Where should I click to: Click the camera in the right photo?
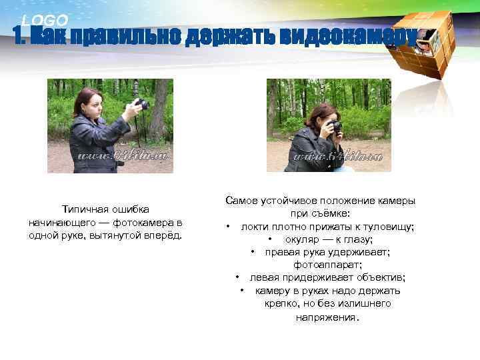pos(334,126)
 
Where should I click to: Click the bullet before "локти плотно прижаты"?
pos(228,227)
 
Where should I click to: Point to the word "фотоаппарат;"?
pos(320,265)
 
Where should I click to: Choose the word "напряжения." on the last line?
pos(327,317)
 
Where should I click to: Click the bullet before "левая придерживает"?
pos(238,277)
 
